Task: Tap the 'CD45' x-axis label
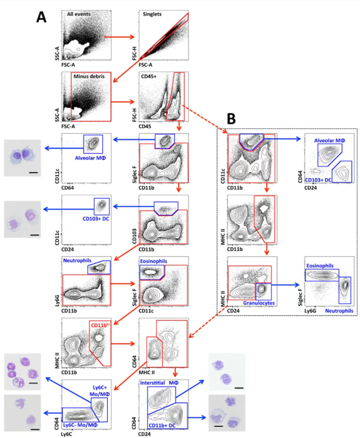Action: pyautogui.click(x=144, y=127)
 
